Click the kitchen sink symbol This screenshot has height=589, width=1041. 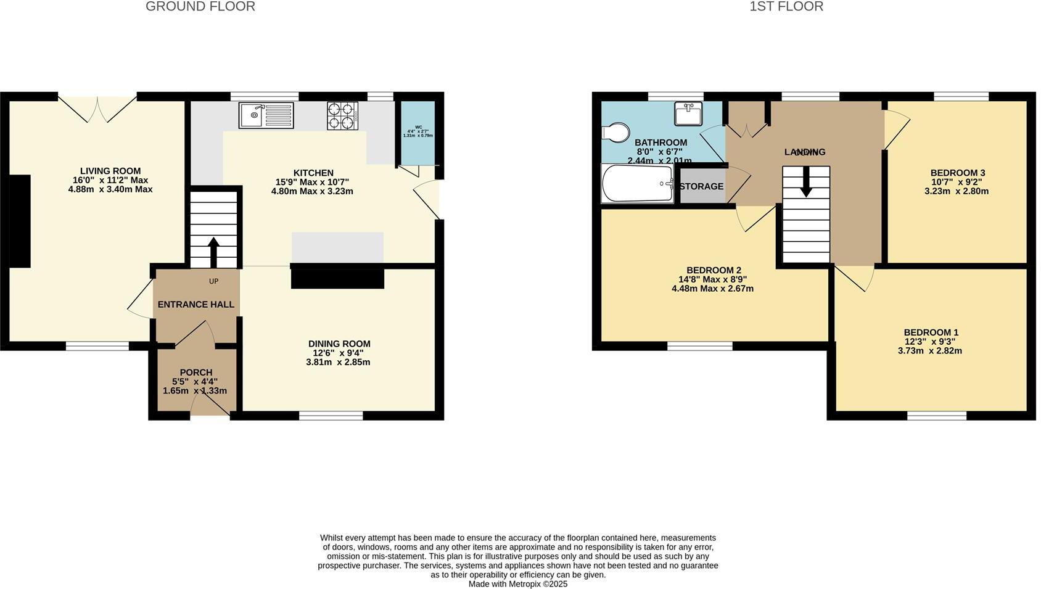266,115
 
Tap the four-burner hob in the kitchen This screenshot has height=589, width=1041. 342,115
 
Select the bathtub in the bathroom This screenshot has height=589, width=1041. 637,183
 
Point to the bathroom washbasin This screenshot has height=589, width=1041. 688,114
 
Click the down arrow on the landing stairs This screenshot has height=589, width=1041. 805,185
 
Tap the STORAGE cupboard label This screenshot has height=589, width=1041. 701,186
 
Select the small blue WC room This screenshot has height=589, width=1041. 418,131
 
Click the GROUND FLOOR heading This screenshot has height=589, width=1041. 200,7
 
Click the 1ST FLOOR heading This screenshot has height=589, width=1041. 786,7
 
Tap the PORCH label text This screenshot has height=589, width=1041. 195,373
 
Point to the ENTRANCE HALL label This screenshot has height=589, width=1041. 195,305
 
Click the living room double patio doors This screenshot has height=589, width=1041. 97,108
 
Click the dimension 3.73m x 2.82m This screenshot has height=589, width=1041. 929,351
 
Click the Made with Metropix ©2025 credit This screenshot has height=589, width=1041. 517,583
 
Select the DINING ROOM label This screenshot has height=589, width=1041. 339,344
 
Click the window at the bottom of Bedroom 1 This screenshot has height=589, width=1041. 936,416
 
